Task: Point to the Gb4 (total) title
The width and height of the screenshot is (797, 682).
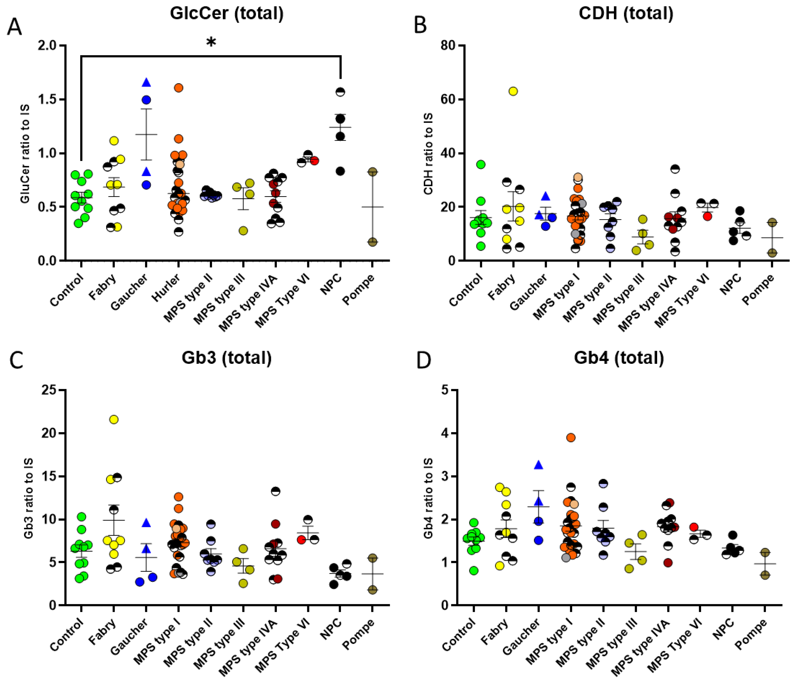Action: pos(619,358)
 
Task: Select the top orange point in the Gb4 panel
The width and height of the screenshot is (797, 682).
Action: pos(571,438)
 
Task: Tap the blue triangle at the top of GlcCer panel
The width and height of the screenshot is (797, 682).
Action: pos(146,82)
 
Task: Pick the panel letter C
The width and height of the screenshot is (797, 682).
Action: pos(16,361)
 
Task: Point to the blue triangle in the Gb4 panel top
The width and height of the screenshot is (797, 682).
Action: pos(539,465)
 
